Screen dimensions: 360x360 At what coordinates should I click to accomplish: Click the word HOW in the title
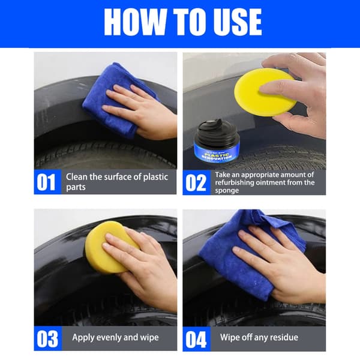pos(135,22)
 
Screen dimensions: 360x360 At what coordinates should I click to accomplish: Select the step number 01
pos(46,182)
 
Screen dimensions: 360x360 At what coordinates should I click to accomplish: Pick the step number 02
pos(196,182)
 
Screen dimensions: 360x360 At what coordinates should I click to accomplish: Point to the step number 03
pos(47,339)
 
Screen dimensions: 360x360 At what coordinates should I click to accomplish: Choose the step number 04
pos(196,340)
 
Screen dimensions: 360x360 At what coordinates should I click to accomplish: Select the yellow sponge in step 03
pos(110,247)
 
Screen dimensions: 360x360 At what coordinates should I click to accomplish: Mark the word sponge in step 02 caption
pos(227,191)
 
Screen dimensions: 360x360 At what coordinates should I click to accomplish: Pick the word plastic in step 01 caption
pos(155,177)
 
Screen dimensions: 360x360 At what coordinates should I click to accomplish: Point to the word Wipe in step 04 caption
pos(230,337)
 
